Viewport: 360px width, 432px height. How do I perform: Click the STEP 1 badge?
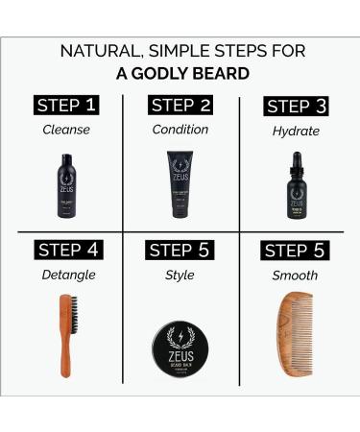67,105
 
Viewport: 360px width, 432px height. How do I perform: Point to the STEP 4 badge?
67,251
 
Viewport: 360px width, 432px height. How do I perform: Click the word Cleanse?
67,131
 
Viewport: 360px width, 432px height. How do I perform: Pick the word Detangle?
67,276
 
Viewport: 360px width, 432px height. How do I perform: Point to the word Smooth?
297,276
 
